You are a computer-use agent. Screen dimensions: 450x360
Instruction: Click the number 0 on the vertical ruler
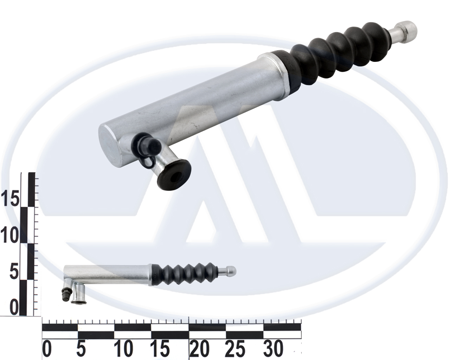pos(14,307)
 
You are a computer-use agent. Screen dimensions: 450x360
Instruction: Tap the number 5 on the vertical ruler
pos(14,271)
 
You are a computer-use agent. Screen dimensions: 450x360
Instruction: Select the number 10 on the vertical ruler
pos(10,235)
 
